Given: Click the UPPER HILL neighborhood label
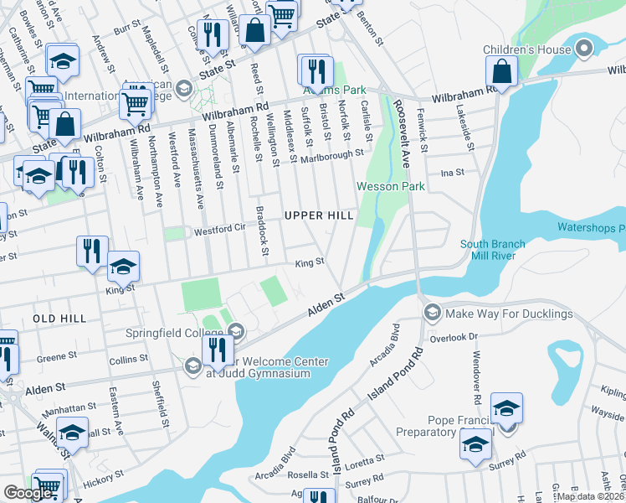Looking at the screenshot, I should tap(319, 215).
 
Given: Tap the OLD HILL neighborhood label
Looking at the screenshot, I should tap(59, 319).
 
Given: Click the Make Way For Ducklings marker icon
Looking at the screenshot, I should tap(433, 314).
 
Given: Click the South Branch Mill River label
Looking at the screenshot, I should tap(493, 250).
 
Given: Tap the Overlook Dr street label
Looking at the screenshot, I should tap(461, 335).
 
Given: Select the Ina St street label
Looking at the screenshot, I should tap(457, 172).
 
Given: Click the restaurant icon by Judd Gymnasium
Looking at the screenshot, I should tap(217, 350).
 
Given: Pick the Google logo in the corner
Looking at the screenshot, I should tap(28, 494).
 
